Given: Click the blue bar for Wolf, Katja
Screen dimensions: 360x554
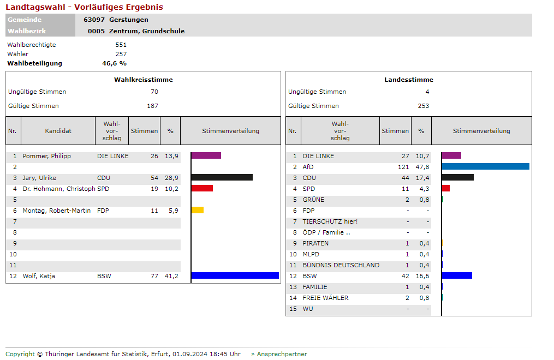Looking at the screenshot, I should click(235, 275).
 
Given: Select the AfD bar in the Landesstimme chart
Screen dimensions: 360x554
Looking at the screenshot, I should click(485, 166).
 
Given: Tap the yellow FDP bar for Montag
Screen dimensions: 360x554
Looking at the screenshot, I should click(198, 210).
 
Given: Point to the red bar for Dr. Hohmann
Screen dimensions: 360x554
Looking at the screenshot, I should click(202, 188).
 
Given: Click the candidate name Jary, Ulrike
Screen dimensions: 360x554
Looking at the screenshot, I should click(39, 178).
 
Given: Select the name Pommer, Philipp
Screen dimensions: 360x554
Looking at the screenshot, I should click(46, 156).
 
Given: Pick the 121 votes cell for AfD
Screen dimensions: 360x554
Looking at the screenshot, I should click(403, 167).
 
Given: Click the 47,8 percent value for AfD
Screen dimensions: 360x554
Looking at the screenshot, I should click(422, 167).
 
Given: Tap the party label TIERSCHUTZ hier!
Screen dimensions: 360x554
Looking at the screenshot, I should click(330, 221).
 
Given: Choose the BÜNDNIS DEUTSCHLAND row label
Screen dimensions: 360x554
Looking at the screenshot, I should click(341, 265).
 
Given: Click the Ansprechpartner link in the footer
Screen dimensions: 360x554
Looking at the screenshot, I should click(282, 354).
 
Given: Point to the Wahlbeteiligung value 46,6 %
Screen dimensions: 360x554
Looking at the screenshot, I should click(114, 63).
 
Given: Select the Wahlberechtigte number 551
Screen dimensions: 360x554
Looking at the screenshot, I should click(121, 45).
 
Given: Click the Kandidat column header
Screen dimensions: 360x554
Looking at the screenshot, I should click(58, 131).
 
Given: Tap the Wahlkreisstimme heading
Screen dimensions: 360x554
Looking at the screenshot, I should click(143, 80).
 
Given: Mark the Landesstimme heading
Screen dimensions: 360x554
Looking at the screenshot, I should click(409, 80).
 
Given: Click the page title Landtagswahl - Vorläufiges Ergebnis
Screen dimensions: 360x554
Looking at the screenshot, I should click(85, 7).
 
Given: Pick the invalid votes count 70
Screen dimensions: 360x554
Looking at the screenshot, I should click(154, 92).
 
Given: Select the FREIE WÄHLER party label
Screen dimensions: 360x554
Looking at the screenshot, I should click(325, 298).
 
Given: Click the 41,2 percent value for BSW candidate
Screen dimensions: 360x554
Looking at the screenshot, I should click(171, 276).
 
